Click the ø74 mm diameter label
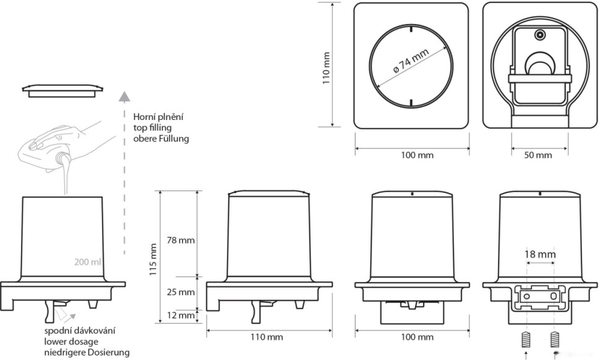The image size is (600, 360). [x=411, y=61]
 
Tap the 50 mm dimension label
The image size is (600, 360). [x=538, y=155]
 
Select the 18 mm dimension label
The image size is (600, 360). [x=540, y=254]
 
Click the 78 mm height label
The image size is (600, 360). [x=181, y=240]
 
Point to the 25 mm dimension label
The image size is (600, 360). [x=181, y=293]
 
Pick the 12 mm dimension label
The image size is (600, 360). [x=181, y=315]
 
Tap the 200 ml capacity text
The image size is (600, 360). [x=88, y=262]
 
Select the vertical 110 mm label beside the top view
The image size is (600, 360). [x=326, y=69]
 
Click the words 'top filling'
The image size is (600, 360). [x=152, y=127]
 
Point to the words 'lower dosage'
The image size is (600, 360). [x=71, y=341]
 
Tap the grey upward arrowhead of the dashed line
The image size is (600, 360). [x=124, y=96]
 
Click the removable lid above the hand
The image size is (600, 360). [x=62, y=90]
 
